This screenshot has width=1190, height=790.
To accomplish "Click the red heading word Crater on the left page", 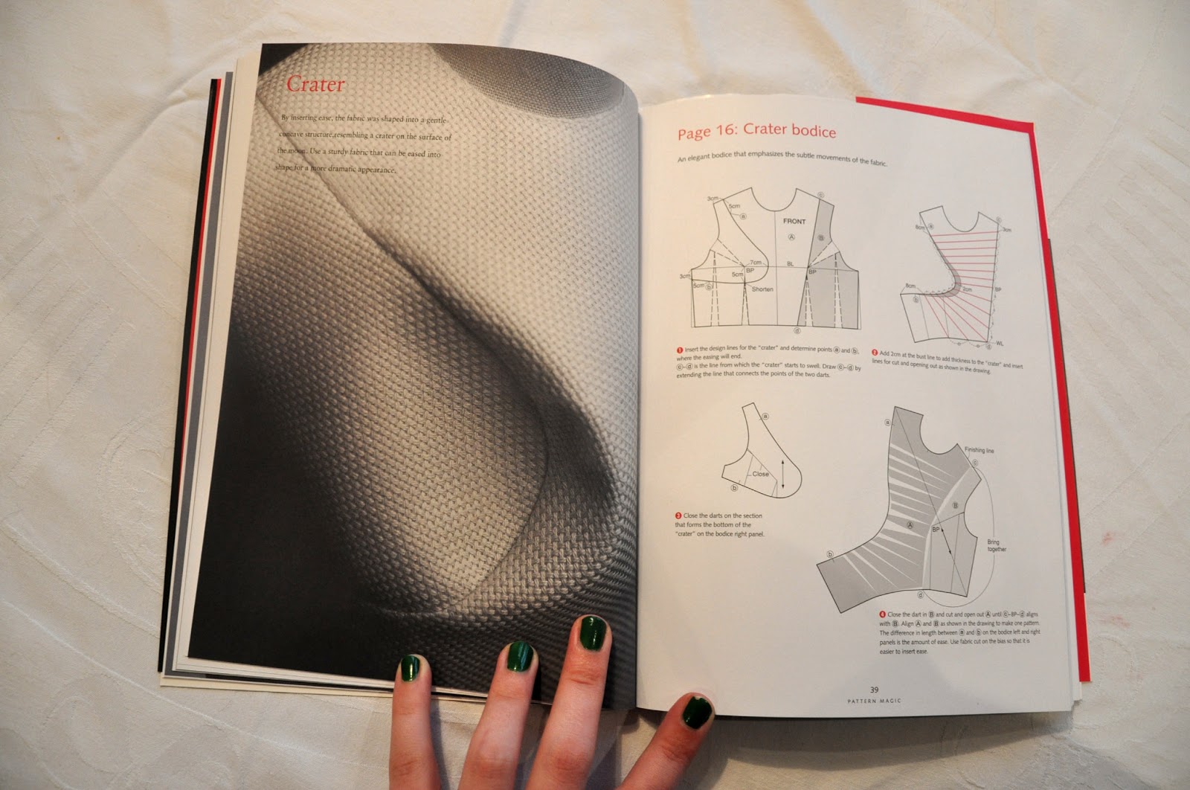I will (x=315, y=84).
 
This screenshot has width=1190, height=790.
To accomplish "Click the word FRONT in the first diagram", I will (x=794, y=222).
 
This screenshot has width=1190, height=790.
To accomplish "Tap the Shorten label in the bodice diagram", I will (x=762, y=289).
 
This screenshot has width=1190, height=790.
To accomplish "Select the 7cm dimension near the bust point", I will (x=756, y=263).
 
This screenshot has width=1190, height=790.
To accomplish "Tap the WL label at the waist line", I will (x=1000, y=344).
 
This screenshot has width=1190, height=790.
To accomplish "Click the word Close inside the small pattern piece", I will (x=761, y=474).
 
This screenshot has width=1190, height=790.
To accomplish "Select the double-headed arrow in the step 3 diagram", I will (x=782, y=476).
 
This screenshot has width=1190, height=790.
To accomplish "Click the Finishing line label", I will (x=979, y=450).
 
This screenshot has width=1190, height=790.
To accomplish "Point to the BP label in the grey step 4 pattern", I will (x=936, y=529).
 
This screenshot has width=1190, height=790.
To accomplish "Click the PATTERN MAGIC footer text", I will (x=874, y=701).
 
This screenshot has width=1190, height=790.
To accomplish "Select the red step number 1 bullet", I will (x=680, y=350).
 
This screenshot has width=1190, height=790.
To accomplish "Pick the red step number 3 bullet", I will (x=678, y=516).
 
